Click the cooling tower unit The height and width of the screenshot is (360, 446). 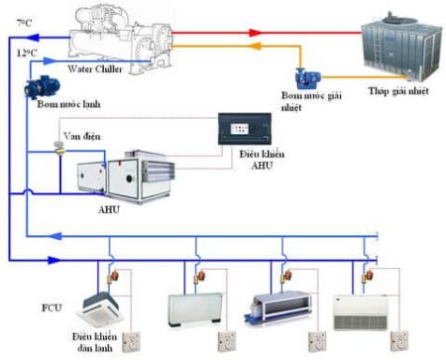391,46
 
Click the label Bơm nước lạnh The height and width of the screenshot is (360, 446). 58,106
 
